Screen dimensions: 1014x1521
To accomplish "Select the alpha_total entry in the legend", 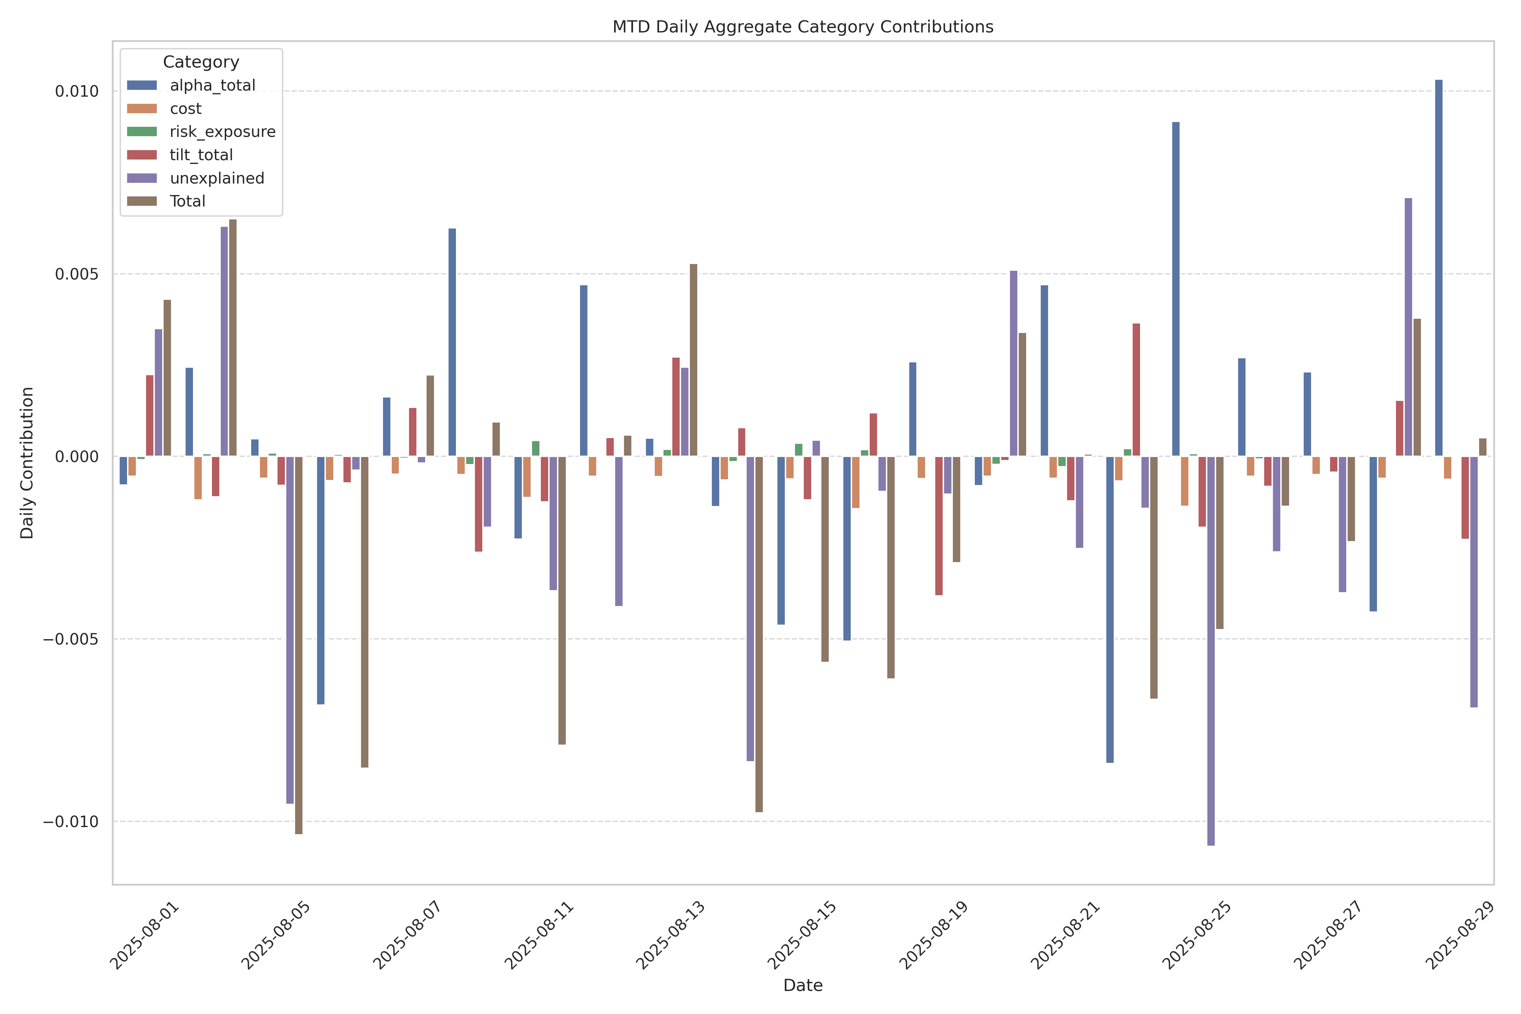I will pyautogui.click(x=212, y=86).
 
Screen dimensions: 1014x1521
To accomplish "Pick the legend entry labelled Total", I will pyautogui.click(x=188, y=201).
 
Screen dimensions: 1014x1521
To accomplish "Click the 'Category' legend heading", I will pyautogui.click(x=201, y=62).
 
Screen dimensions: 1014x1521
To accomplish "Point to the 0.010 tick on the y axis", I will pyautogui.click(x=76, y=91).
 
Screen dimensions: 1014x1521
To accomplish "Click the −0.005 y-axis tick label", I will pyautogui.click(x=71, y=639).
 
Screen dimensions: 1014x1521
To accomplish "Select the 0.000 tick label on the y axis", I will pyautogui.click(x=76, y=457).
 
